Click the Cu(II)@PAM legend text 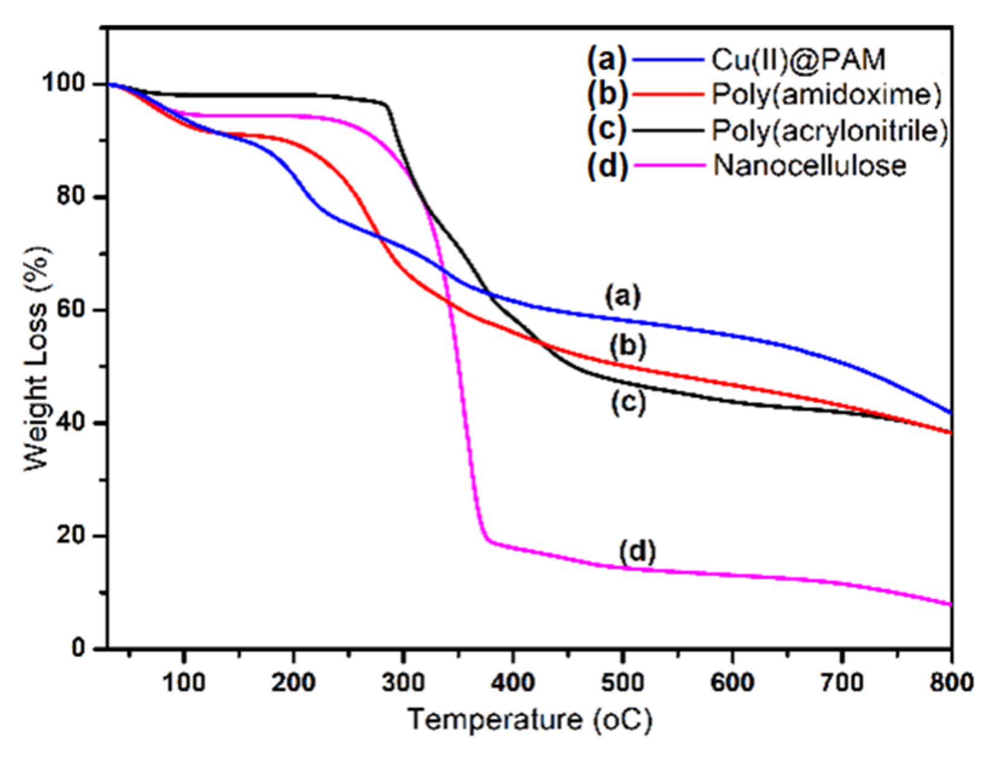[x=798, y=60]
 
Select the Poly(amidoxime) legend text [x=826, y=95]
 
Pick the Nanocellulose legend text [x=809, y=165]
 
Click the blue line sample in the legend [x=667, y=60]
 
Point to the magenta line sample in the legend [x=667, y=165]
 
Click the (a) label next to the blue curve [x=623, y=296]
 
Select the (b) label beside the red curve [x=628, y=347]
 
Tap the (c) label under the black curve [x=628, y=403]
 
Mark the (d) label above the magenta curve [x=637, y=551]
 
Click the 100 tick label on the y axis [x=63, y=83]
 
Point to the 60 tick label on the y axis [x=71, y=310]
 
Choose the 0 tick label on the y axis [x=78, y=648]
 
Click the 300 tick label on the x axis [x=403, y=682]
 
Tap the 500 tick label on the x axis [x=623, y=682]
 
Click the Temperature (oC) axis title [x=530, y=720]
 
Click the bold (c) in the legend [x=607, y=130]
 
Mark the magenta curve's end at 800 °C [x=951, y=604]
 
